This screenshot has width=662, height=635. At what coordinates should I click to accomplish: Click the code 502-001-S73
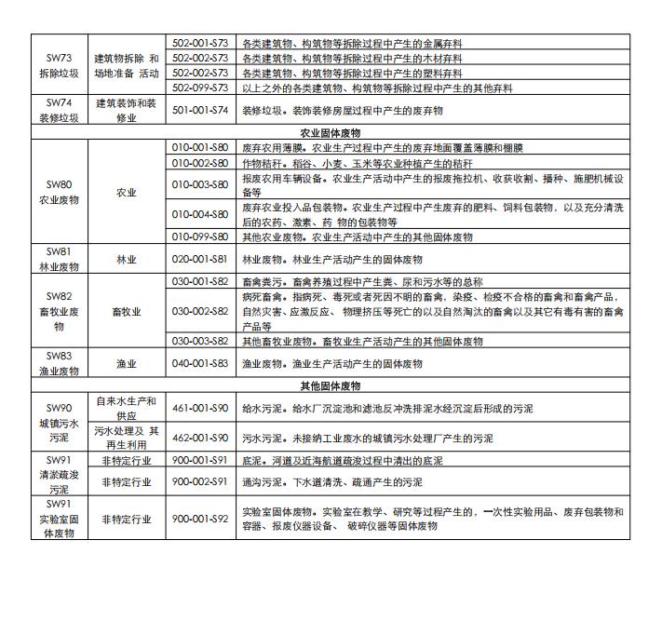(200, 43)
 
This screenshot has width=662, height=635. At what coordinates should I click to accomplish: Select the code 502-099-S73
(200, 88)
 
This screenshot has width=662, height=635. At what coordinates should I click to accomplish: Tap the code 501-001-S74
(200, 110)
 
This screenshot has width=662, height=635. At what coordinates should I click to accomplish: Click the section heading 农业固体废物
(331, 133)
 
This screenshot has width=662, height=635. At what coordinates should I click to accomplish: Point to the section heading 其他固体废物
(331, 385)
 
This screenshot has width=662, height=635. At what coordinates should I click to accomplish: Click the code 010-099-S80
(200, 236)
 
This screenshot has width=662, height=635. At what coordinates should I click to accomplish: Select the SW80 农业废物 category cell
(60, 192)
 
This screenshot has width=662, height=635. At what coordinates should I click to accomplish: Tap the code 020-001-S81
(200, 259)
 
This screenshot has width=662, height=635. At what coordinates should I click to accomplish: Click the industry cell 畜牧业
(127, 312)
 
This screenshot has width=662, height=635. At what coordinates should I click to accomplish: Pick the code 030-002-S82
(200, 311)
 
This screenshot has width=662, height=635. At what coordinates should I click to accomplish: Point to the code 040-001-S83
(200, 363)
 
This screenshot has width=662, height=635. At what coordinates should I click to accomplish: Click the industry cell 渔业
(127, 363)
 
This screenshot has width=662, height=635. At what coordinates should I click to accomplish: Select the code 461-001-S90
(200, 408)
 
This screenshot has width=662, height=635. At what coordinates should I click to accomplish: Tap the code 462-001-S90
(200, 438)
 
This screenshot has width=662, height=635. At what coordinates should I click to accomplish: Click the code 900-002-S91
(200, 482)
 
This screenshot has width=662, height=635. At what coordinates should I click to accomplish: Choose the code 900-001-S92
(200, 519)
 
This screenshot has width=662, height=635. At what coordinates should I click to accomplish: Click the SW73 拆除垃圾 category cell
(60, 65)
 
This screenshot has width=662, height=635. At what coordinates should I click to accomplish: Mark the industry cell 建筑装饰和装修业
(127, 110)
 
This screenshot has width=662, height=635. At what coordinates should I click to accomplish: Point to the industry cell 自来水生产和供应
(127, 408)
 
